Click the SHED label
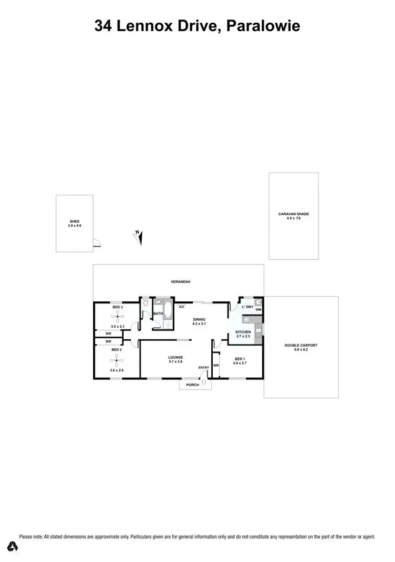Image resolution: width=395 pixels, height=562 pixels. [74, 222]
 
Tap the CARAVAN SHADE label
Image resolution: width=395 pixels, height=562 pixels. [293, 214]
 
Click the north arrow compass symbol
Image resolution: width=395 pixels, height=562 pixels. [138, 237]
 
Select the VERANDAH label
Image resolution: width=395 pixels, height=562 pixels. [180, 282]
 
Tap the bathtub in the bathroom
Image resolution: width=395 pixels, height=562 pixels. [167, 310]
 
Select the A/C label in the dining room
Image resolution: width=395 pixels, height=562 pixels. [182, 307]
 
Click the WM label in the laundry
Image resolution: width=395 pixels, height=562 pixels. [258, 310]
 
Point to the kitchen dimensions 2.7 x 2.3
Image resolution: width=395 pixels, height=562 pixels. [243, 336]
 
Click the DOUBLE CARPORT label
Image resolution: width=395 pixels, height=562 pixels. [301, 345]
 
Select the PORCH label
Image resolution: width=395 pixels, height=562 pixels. [193, 385]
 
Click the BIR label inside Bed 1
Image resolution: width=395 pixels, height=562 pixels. [216, 365]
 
